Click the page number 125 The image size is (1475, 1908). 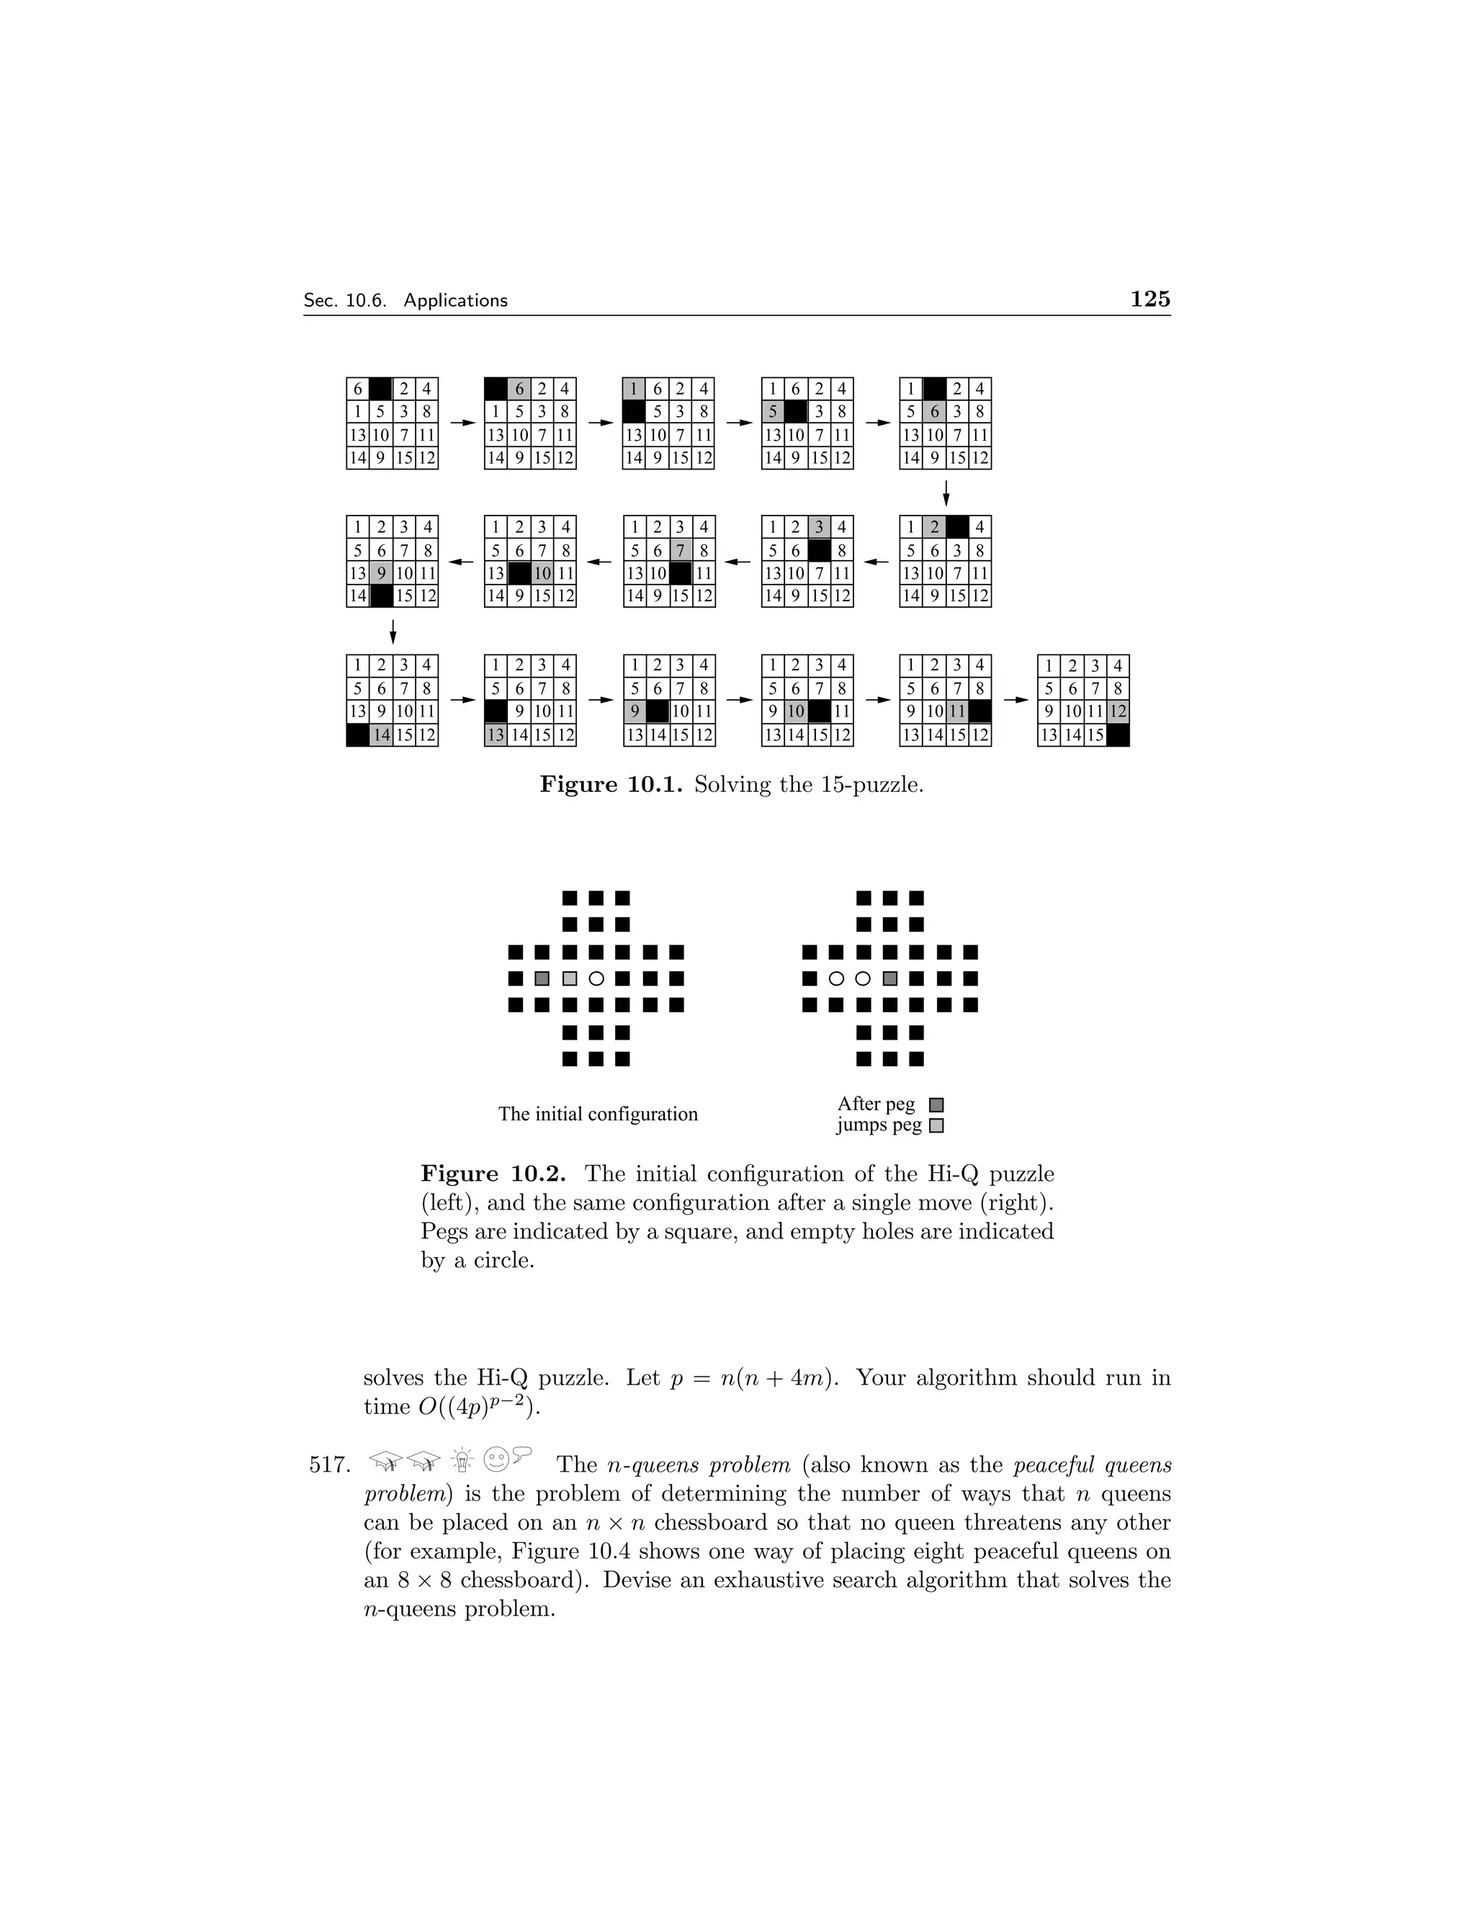pos(1150,299)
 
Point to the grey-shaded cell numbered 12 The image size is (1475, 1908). pos(1118,712)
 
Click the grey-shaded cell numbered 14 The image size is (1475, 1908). pos(381,734)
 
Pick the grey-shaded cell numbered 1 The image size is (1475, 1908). pos(634,389)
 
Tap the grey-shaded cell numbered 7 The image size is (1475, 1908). pos(680,550)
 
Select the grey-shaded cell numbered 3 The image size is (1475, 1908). pos(819,527)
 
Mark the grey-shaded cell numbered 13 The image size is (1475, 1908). pos(496,734)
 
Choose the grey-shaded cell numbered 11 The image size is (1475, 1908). pos(957,712)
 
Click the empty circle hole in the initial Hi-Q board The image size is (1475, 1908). pos(597,978)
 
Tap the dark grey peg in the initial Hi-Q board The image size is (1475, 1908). pos(542,978)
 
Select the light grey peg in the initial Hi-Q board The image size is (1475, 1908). pos(570,978)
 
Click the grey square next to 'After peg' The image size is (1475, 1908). pos(937,1105)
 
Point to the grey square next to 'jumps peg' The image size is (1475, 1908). pos(937,1126)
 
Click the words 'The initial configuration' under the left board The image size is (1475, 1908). pos(598,1114)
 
